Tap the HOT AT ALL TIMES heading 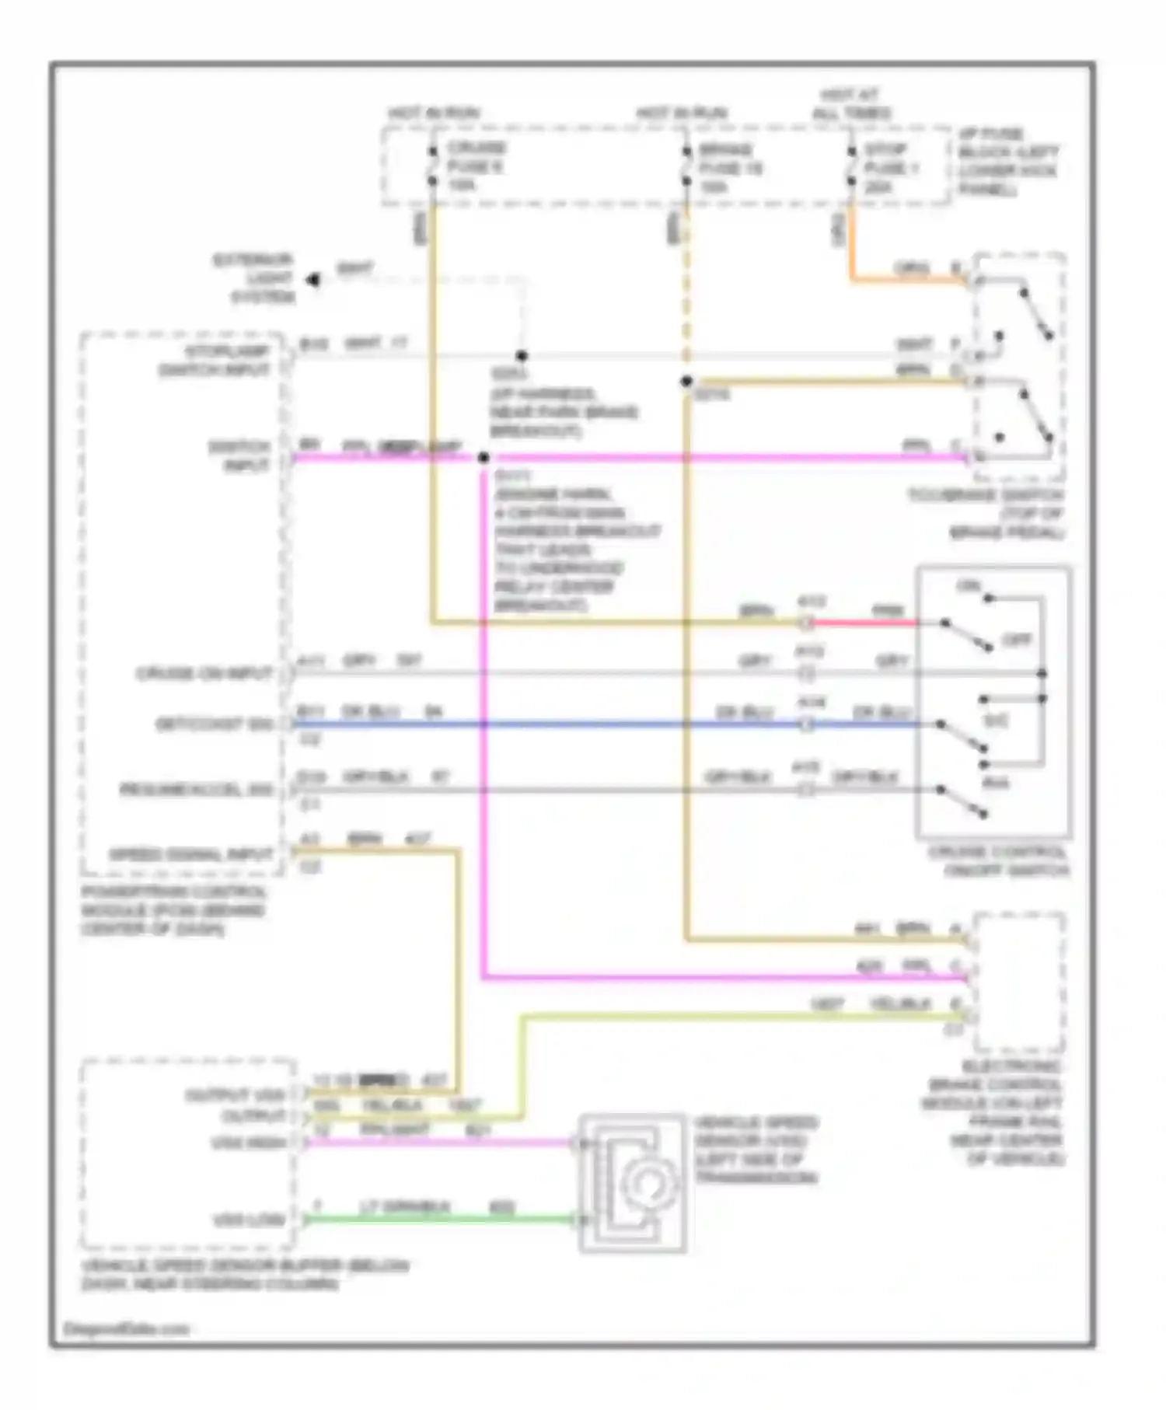tap(851, 104)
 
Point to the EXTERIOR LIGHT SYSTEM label tap(254, 278)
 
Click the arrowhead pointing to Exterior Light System tap(312, 279)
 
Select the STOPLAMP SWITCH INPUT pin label tap(215, 361)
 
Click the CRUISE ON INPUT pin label tap(204, 673)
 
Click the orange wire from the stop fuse tap(902, 279)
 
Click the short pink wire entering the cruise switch tap(863, 623)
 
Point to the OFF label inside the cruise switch tap(1016, 640)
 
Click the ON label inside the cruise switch tap(969, 586)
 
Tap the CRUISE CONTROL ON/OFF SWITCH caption tap(998, 861)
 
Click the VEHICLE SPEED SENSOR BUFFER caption tap(245, 1275)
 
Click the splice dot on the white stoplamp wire tap(522, 356)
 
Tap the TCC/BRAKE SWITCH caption tap(986, 514)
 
